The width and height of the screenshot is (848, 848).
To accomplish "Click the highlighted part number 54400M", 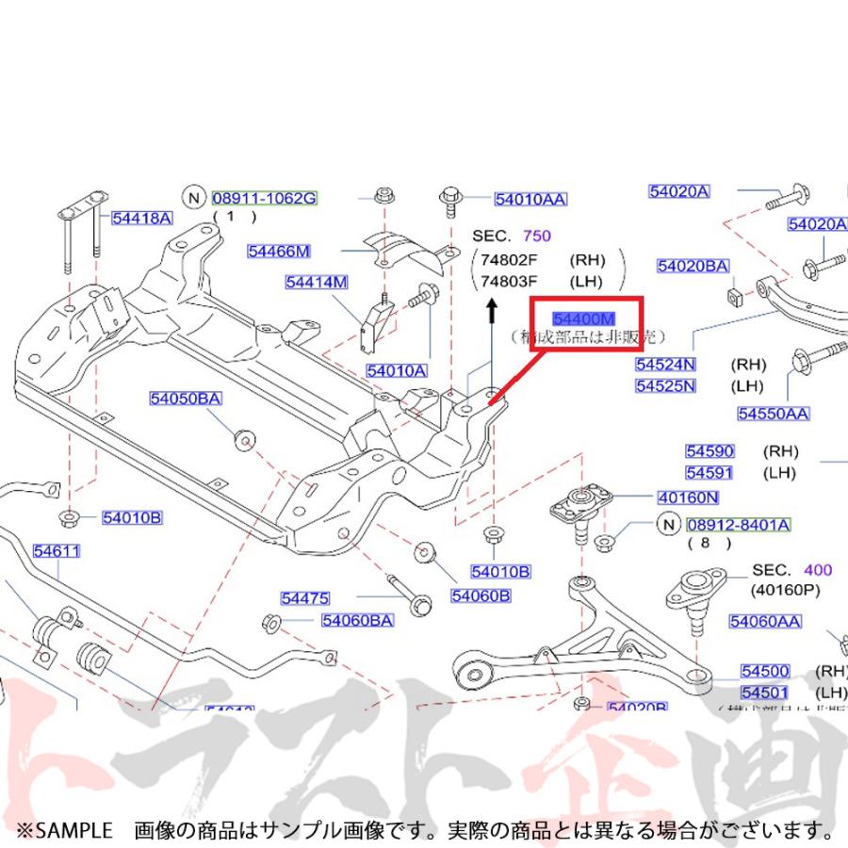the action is [x=584, y=318].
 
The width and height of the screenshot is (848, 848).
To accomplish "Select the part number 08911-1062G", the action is [x=264, y=198].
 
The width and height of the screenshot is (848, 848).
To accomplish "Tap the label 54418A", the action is [x=141, y=219].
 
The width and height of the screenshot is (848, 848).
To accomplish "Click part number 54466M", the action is [x=279, y=251].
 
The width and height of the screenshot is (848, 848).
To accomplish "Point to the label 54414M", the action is [x=318, y=282].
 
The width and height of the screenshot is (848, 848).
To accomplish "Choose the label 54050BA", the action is [x=185, y=399].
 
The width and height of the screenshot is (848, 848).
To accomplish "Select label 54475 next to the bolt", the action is [x=304, y=597].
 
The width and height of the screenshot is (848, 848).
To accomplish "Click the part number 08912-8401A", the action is [x=738, y=524].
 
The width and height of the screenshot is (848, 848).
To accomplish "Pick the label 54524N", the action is [x=664, y=365].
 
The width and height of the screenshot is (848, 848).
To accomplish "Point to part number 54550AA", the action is [x=773, y=413].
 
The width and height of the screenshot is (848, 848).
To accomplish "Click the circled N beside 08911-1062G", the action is [x=194, y=198].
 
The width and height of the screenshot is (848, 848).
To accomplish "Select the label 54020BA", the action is [x=693, y=267].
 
